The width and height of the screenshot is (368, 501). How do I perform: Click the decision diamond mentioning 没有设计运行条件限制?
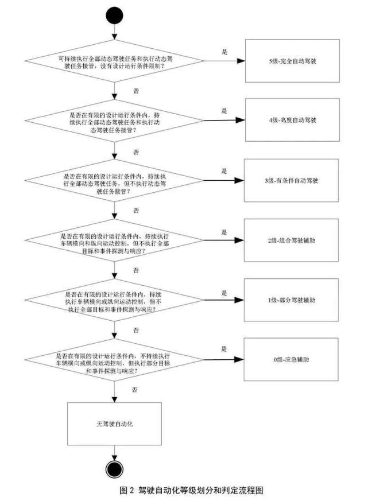115,61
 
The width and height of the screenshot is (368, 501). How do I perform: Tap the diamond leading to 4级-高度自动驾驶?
115,121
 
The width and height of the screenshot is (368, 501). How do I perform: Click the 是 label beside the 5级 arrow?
224,51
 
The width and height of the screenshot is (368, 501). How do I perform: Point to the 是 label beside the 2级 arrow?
224,231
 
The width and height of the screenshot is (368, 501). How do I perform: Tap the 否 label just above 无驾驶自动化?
135,390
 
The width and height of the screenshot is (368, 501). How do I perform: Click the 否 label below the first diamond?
135,91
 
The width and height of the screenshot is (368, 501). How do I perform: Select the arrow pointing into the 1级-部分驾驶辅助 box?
224,300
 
